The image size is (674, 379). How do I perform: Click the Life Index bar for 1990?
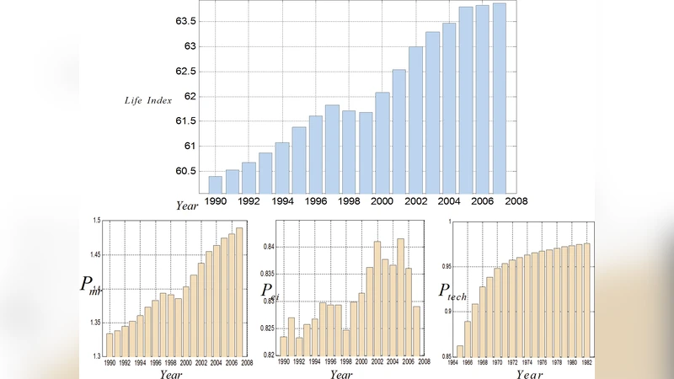[x=215, y=184]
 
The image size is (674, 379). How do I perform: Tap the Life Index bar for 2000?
[x=382, y=142]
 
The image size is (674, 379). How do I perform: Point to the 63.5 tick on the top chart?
[x=185, y=20]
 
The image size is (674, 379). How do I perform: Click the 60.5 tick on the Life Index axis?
[x=185, y=171]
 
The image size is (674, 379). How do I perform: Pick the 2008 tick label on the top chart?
[x=516, y=202]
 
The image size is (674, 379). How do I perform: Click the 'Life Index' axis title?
[x=148, y=100]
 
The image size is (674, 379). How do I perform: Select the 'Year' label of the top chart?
[x=186, y=206]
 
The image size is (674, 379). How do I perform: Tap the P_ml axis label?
[x=90, y=286]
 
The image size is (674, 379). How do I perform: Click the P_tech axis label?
[x=452, y=291]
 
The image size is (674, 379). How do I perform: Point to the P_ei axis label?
[x=270, y=291]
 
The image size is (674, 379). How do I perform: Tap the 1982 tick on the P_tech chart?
[x=586, y=363]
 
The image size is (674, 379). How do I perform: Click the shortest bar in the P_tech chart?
[x=460, y=351]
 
